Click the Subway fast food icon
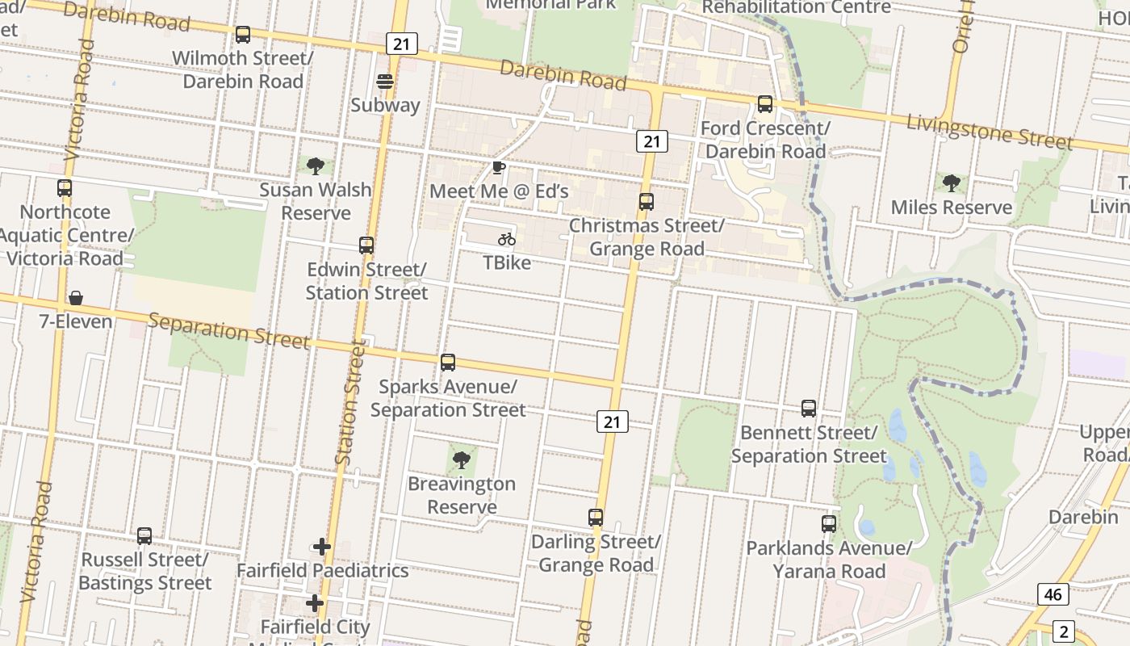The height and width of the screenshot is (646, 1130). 385,82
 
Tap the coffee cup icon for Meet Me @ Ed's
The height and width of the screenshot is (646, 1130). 499,168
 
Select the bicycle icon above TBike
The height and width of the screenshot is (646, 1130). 507,239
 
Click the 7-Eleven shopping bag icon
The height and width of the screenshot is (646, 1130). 76,298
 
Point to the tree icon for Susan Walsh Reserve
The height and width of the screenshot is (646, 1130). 316,166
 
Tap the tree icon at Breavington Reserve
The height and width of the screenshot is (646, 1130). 461,460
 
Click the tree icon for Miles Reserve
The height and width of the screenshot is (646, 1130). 952,183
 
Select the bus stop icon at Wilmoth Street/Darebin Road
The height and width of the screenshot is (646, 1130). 243,35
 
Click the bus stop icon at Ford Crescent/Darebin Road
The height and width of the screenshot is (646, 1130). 764,104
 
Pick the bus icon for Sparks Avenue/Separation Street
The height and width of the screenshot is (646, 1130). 448,363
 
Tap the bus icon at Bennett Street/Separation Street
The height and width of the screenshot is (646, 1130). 809,409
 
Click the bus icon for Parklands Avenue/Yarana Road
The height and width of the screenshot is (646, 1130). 829,524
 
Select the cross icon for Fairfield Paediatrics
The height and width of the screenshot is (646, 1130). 322,547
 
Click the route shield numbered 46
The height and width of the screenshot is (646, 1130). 1053,595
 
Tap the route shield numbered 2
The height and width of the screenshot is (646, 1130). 1064,631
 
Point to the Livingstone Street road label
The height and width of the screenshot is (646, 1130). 990,132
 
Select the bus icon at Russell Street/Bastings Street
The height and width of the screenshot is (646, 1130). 144,535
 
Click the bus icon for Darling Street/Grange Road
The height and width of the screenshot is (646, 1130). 596,518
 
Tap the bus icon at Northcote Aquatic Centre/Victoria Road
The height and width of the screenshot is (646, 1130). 65,188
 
